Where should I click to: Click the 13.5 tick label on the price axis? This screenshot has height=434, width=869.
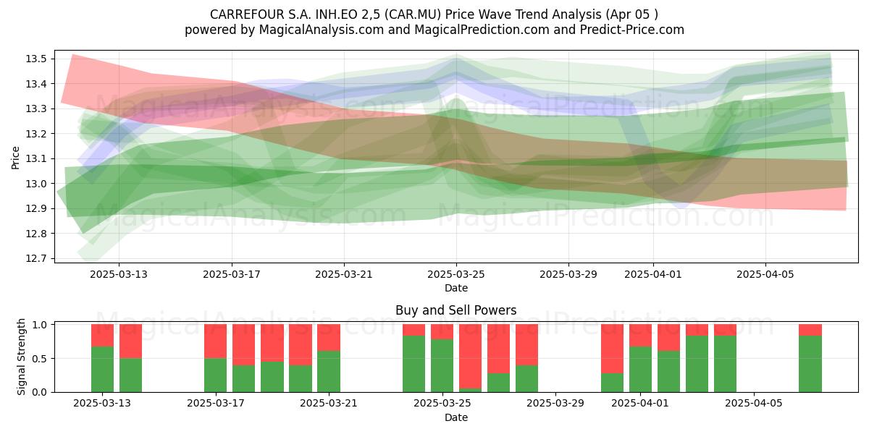point(36,59)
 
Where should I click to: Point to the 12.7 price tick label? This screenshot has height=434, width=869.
point(36,258)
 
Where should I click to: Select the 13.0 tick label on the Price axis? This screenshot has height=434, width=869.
point(36,184)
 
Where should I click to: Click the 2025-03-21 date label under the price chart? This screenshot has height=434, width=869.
point(344,274)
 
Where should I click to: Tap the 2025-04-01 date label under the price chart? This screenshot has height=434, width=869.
point(653,274)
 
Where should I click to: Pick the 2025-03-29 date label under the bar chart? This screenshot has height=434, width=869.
point(555,404)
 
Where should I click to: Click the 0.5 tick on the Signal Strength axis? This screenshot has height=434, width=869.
point(39,359)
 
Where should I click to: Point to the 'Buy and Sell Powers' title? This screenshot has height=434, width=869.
point(456,310)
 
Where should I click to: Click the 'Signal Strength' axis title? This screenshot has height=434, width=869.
point(21,357)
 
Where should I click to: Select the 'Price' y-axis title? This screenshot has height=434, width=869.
point(15,158)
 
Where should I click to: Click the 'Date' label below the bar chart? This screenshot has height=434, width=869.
point(456,418)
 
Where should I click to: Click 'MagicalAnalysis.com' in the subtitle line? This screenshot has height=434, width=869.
point(322,30)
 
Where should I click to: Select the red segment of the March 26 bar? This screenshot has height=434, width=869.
point(470,356)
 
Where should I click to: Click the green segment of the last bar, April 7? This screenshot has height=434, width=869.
point(810,364)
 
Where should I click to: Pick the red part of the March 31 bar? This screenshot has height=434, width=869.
point(612,349)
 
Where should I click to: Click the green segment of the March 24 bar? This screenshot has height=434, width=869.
point(414,364)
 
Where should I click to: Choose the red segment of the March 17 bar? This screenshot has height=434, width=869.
point(215,341)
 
